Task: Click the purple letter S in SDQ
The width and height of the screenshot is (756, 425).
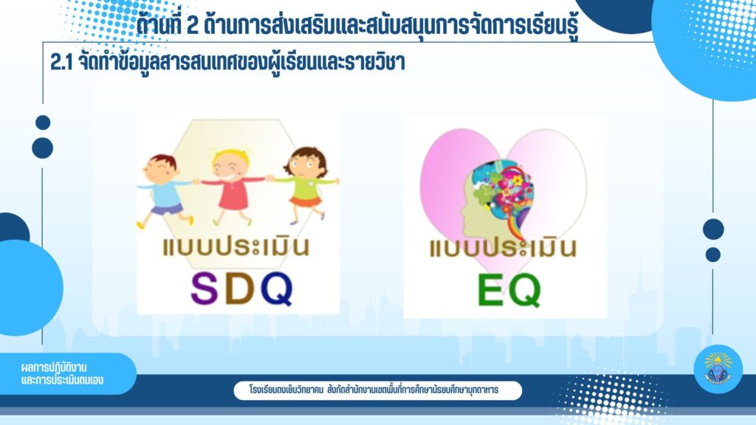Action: [x=205, y=288]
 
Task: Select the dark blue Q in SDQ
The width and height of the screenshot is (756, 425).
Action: [x=278, y=289]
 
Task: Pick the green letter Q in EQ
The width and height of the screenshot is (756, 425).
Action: [x=525, y=291]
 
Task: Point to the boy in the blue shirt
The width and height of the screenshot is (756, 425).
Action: [x=165, y=191]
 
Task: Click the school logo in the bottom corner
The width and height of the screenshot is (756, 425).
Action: [x=718, y=368]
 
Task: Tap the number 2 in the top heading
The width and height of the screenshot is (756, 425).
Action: [x=193, y=25]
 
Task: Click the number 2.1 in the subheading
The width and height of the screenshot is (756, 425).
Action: [x=61, y=63]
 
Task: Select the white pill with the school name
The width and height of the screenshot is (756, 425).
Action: [x=377, y=390]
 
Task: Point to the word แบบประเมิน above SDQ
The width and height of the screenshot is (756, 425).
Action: [x=236, y=246]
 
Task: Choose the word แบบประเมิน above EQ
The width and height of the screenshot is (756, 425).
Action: [x=503, y=247]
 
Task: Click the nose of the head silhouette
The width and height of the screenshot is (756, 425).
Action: [x=461, y=210]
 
